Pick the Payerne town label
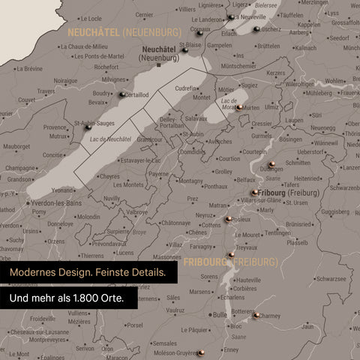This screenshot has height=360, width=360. pyautogui.click(x=159, y=173)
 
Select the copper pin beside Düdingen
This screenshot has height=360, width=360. pyautogui.click(x=271, y=164)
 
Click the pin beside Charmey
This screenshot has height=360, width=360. pyautogui.click(x=256, y=316)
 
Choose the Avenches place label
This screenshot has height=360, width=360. pyautogui.click(x=219, y=141)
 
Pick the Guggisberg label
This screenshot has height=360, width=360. pyautogui.click(x=334, y=212)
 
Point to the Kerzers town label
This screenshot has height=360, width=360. pyautogui.click(x=276, y=73)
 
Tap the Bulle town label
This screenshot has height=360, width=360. pyautogui.click(x=219, y=315)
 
